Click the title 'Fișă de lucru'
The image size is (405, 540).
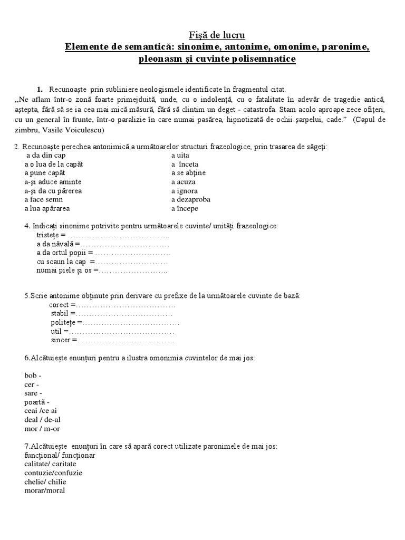217,35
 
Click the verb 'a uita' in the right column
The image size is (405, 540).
180,156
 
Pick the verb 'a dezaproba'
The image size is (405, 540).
190,199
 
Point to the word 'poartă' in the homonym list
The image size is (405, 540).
35,402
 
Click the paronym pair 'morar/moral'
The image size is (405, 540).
45,490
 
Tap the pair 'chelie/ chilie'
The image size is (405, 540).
45,481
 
